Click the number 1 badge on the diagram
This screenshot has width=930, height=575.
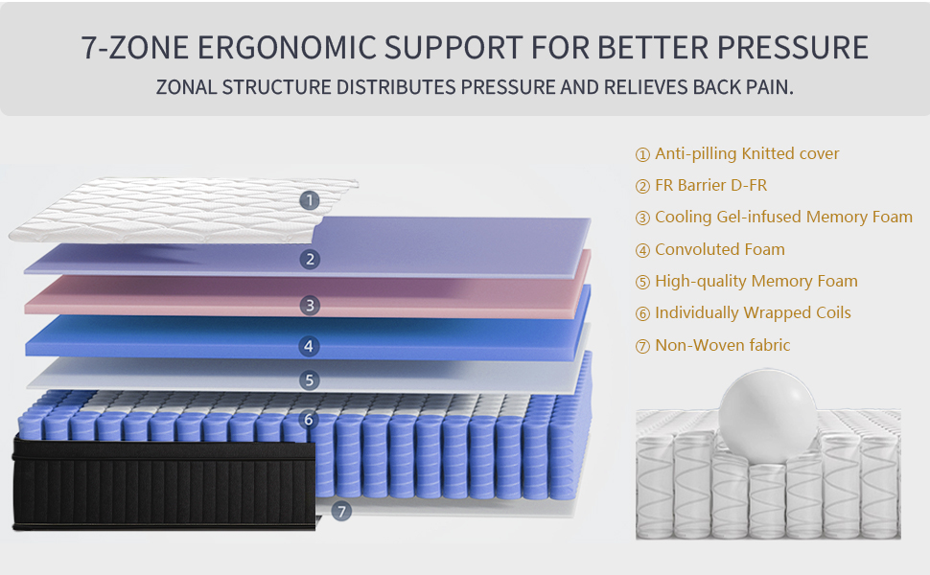[x=309, y=200]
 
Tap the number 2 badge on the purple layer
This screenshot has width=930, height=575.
[x=309, y=259]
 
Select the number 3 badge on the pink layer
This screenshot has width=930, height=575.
[x=309, y=306]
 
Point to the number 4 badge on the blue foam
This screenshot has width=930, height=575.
[x=309, y=346]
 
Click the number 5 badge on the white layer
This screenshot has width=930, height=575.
[x=309, y=380]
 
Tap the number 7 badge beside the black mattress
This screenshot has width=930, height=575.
[x=341, y=512]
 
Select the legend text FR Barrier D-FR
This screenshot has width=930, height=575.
[x=710, y=186]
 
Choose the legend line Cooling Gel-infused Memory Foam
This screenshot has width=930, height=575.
[x=782, y=218]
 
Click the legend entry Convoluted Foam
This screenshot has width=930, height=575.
[x=719, y=249]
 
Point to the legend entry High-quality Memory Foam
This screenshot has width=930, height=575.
[x=756, y=281]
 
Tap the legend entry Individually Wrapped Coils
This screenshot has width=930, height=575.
[x=752, y=312]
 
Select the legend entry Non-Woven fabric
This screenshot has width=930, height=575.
[x=722, y=345]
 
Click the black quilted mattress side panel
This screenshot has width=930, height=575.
[x=163, y=484]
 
